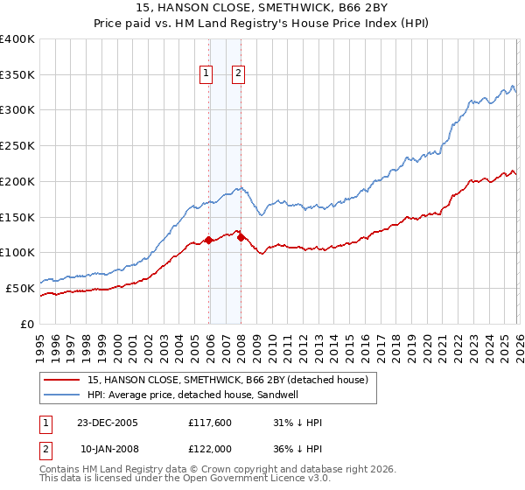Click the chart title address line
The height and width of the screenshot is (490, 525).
(x=262, y=8)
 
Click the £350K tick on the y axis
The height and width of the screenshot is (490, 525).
(x=17, y=75)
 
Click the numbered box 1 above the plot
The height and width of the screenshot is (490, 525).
(x=207, y=74)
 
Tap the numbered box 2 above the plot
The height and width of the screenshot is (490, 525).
(x=238, y=74)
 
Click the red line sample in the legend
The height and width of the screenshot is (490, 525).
(x=62, y=380)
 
